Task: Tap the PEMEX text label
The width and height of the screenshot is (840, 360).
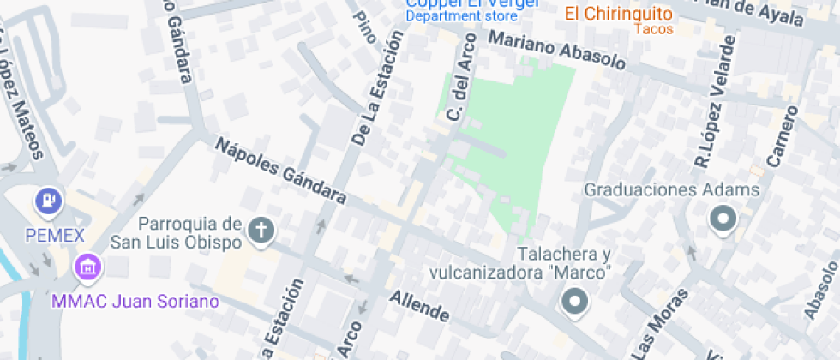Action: point(54,236)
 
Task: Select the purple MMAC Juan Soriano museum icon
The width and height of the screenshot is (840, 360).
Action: point(86,267)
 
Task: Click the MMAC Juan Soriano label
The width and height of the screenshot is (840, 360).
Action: point(135,302)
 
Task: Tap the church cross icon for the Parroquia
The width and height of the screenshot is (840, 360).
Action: point(260,231)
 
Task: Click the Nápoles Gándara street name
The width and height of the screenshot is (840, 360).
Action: point(279,171)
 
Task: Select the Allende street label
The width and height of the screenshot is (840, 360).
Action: point(419,306)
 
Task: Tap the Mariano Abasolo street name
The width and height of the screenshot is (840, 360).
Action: point(557,51)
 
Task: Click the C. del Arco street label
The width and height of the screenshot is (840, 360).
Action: point(462,90)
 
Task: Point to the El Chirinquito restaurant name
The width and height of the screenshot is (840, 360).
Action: point(617,14)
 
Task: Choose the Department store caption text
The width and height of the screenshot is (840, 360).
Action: point(461,16)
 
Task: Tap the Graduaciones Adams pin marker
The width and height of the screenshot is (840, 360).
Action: point(722,221)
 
